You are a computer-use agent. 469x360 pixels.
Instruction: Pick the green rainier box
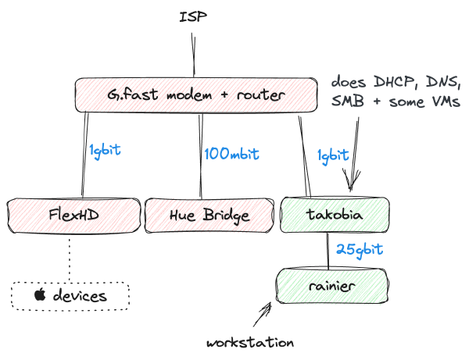click(332, 286)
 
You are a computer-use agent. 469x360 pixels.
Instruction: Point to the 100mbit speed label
click(231, 153)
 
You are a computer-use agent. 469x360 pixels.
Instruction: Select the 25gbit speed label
click(360, 250)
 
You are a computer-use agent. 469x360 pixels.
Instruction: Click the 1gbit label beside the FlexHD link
click(104, 150)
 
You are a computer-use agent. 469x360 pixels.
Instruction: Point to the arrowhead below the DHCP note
click(351, 184)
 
